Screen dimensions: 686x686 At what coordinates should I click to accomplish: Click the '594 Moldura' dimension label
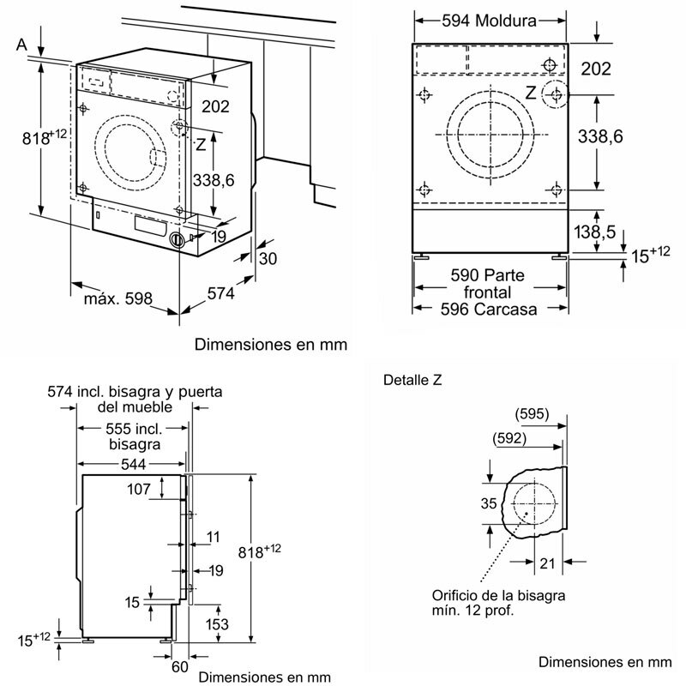490,20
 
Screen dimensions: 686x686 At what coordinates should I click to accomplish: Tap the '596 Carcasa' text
490,309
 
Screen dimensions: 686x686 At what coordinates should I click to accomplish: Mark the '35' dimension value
488,504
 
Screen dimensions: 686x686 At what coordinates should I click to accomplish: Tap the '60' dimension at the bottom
178,665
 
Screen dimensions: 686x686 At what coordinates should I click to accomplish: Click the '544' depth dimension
132,463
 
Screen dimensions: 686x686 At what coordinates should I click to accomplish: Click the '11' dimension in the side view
213,537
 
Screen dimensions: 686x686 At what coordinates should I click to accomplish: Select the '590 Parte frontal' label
490,284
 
